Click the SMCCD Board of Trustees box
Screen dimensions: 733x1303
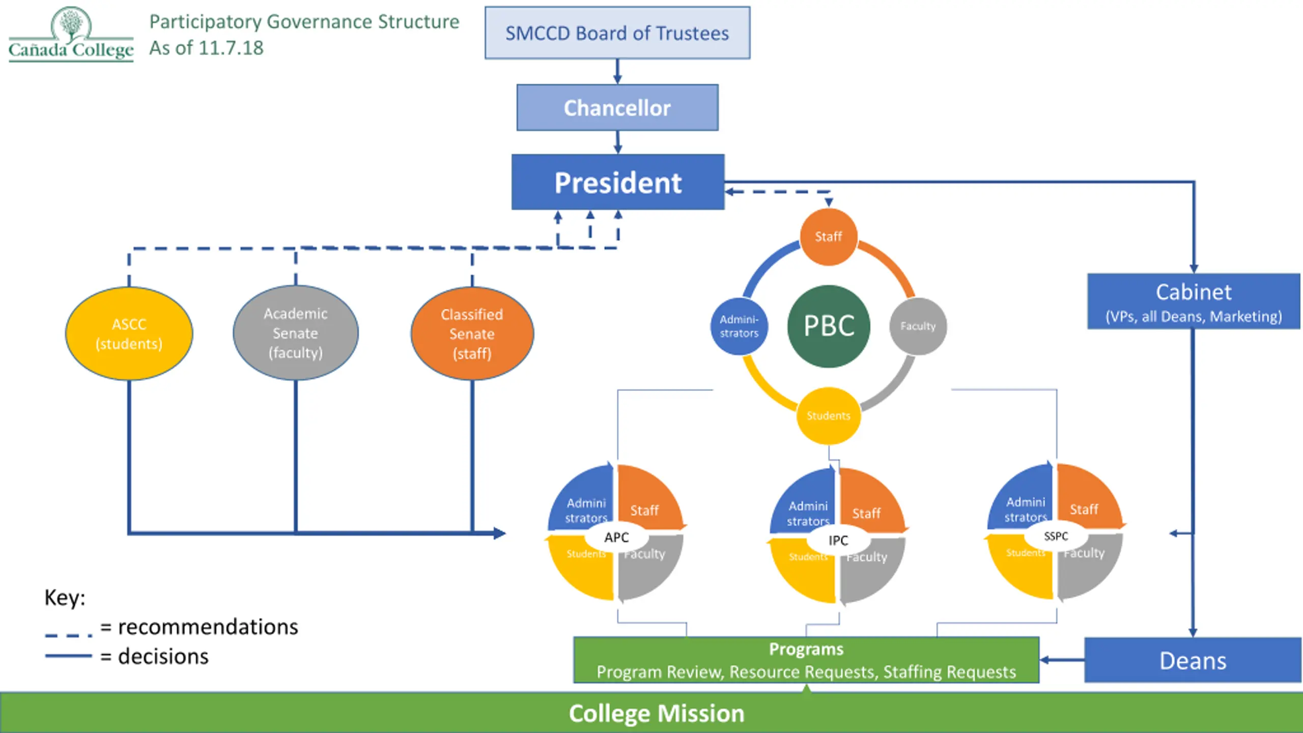617,33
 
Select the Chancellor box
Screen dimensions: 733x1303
617,107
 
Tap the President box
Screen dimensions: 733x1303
617,182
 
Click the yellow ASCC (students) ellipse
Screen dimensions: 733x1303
129,333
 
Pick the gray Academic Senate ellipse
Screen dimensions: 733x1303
295,333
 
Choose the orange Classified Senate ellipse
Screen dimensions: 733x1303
472,333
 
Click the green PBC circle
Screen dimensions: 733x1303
828,326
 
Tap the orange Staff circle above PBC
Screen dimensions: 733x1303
828,237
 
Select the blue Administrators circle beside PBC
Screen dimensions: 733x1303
739,326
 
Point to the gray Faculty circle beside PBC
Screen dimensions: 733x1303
918,326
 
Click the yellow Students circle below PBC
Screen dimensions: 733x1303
828,416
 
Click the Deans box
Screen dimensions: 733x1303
1193,660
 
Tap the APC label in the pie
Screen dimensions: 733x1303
616,537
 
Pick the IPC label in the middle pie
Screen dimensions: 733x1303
838,540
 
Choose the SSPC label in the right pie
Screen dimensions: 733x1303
1056,536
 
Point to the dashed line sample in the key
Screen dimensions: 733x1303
69,635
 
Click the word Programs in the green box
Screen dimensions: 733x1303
806,649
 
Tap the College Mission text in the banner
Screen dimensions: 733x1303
656,713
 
